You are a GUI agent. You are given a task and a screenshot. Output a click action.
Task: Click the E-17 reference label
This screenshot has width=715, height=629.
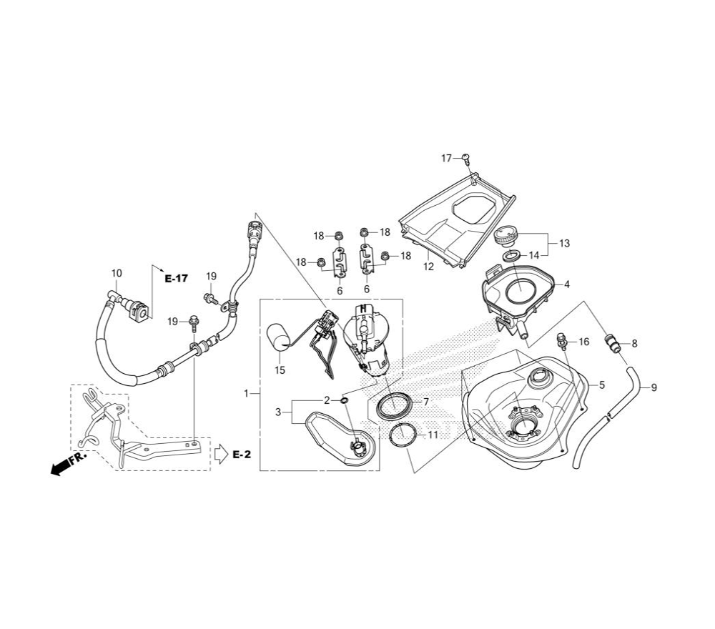pos(176,279)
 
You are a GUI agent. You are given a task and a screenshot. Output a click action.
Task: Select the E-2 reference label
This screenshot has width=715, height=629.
pos(242,455)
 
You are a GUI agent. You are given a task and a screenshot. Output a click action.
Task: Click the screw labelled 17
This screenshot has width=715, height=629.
pos(465,158)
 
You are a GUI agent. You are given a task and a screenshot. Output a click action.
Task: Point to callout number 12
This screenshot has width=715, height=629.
pos(428,266)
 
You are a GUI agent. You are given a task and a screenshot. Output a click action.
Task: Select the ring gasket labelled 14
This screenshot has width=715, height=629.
pos(511,255)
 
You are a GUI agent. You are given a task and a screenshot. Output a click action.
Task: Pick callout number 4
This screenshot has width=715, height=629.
pos(567,284)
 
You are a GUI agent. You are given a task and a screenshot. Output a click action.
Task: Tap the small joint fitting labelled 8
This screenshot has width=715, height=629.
pos(613,343)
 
